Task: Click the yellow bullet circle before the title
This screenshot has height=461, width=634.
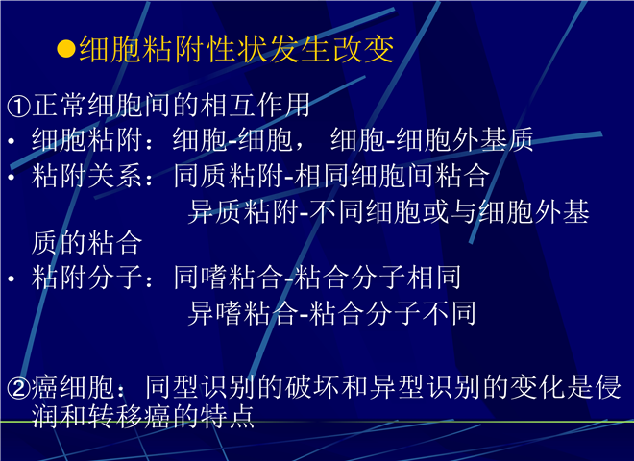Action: pyautogui.click(x=66, y=49)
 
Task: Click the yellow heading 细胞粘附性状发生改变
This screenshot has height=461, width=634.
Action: pyautogui.click(x=236, y=49)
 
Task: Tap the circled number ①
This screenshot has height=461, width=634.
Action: pyautogui.click(x=18, y=106)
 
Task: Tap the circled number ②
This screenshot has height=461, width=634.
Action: pyautogui.click(x=18, y=388)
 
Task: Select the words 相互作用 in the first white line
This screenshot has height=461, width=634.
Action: pyautogui.click(x=255, y=105)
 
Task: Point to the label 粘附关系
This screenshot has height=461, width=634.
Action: pyautogui.click(x=86, y=176)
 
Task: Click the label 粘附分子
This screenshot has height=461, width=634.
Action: pyautogui.click(x=86, y=278)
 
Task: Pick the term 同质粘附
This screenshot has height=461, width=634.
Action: pyautogui.click(x=229, y=176)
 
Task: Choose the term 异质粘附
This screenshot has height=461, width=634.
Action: pyautogui.click(x=243, y=211)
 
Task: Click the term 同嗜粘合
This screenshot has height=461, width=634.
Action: pyautogui.click(x=229, y=278)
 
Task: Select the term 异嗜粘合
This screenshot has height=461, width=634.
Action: pyautogui.click(x=243, y=313)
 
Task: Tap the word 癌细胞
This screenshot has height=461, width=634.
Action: pyautogui.click(x=73, y=387)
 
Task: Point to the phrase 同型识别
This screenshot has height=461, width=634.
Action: pyautogui.click(x=201, y=387)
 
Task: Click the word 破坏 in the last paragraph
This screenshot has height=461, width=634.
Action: pyautogui.click(x=313, y=387)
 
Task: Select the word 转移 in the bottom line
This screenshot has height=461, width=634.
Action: pyautogui.click(x=115, y=416)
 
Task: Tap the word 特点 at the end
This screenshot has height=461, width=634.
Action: pyautogui.click(x=228, y=416)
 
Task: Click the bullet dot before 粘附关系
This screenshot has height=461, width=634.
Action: pyautogui.click(x=12, y=177)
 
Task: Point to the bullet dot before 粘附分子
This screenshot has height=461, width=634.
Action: pyautogui.click(x=12, y=279)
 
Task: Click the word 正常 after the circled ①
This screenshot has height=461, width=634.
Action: pyautogui.click(x=59, y=105)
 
